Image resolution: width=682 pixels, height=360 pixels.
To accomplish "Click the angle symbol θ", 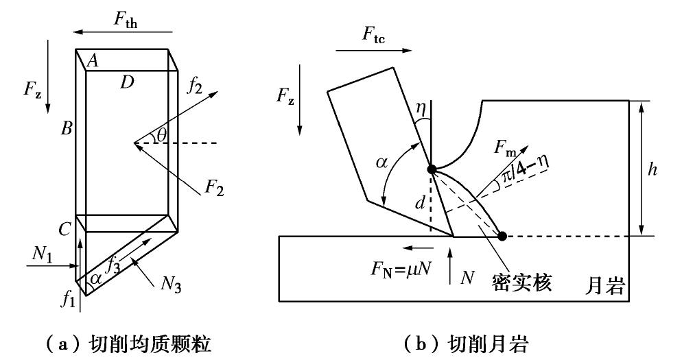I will click(x=162, y=135).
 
